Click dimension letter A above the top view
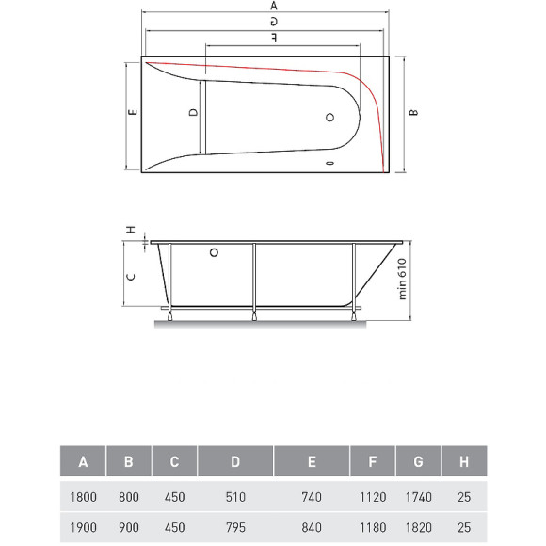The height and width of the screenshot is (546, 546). (273, 6)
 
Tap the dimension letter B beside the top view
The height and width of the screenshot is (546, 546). (414, 113)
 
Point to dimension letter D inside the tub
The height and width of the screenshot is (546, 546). (193, 112)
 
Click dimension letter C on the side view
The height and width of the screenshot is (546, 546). (133, 277)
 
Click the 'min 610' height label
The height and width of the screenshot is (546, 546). (400, 279)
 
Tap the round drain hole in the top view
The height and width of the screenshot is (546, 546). (329, 118)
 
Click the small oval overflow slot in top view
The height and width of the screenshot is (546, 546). (329, 163)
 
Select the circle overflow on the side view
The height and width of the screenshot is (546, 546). (215, 252)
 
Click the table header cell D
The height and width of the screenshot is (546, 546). (235, 461)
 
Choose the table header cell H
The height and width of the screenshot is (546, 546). (462, 461)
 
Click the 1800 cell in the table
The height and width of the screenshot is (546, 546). (83, 496)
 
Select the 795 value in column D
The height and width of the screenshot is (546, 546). (235, 527)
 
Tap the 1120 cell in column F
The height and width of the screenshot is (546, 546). (373, 496)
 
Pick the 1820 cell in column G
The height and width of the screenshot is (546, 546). (419, 527)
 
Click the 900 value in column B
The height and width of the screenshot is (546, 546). (128, 527)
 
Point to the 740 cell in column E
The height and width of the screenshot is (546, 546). (312, 496)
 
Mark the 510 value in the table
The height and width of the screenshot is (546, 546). (235, 496)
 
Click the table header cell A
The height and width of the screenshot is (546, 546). (83, 461)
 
